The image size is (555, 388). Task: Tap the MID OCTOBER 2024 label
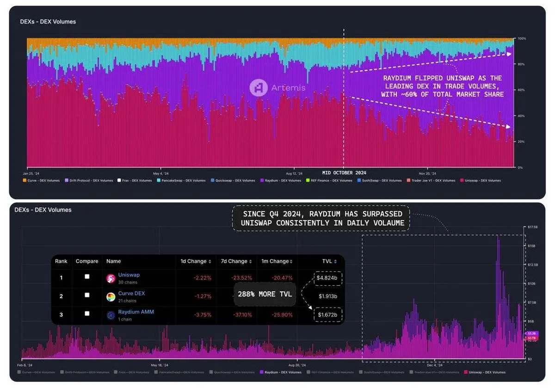point(344,172)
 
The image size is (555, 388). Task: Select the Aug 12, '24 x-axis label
point(294,169)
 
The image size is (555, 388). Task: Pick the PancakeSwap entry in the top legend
point(181,180)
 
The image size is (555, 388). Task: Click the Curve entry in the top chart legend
point(41,180)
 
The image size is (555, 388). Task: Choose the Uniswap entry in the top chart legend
point(481,180)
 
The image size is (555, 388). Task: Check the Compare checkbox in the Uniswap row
point(87,277)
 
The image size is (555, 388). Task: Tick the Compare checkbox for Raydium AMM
point(87,314)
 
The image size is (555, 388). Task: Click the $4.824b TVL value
point(327,278)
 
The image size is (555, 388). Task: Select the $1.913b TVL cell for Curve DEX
point(328,296)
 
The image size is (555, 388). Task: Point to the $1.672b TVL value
point(327,315)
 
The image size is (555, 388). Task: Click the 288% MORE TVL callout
point(265,294)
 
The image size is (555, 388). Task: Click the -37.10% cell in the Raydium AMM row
point(243,315)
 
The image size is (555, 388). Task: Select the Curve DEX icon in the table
point(111,297)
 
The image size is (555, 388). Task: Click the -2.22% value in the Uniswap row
point(203,278)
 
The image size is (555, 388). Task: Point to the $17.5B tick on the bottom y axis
point(532,227)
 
